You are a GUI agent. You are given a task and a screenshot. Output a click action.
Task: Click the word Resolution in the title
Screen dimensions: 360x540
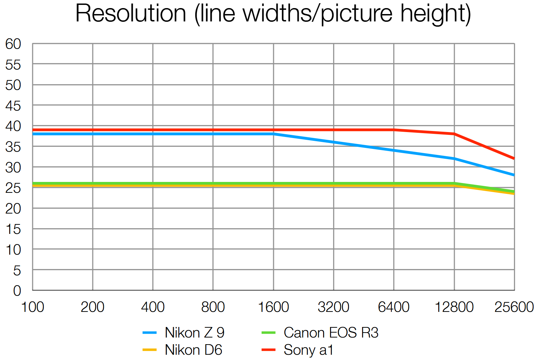pos(131,13)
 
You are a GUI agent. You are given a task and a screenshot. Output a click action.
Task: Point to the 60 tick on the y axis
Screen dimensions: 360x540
pos(13,44)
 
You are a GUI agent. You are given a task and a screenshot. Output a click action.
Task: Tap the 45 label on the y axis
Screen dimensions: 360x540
pos(13,106)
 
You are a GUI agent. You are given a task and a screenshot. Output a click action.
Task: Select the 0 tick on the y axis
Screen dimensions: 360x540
pos(17,291)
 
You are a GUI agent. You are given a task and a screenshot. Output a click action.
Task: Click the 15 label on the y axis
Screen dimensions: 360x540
pos(13,229)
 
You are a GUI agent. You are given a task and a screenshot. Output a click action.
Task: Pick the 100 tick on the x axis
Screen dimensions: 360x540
pos(33,307)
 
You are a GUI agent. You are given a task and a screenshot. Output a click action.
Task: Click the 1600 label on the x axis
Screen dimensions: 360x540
pos(273,307)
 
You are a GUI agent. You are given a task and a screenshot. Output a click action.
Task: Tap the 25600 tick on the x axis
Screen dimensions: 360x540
pos(514,307)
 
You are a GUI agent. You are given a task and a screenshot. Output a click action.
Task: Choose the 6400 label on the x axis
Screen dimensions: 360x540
pos(394,307)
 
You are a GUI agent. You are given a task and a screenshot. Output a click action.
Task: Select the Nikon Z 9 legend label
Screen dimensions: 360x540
pos(195,333)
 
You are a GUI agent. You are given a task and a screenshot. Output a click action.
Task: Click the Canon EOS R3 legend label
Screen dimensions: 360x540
pos(331,333)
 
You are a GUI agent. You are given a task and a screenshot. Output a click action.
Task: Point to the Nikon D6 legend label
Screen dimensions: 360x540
pos(193,350)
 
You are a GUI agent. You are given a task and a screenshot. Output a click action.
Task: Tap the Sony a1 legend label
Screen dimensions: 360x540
pos(308,350)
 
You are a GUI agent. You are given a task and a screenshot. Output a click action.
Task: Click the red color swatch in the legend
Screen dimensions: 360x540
pos(269,350)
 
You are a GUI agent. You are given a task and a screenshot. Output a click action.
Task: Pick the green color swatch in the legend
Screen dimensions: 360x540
pos(269,333)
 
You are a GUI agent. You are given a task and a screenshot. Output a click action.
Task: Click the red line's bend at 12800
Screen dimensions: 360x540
pos(454,134)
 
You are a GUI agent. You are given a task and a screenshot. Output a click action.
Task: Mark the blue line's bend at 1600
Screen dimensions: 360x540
pos(274,134)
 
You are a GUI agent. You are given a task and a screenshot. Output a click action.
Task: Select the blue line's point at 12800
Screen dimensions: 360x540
pos(454,159)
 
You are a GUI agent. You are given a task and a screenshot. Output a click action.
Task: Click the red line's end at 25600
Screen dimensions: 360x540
pos(514,159)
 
